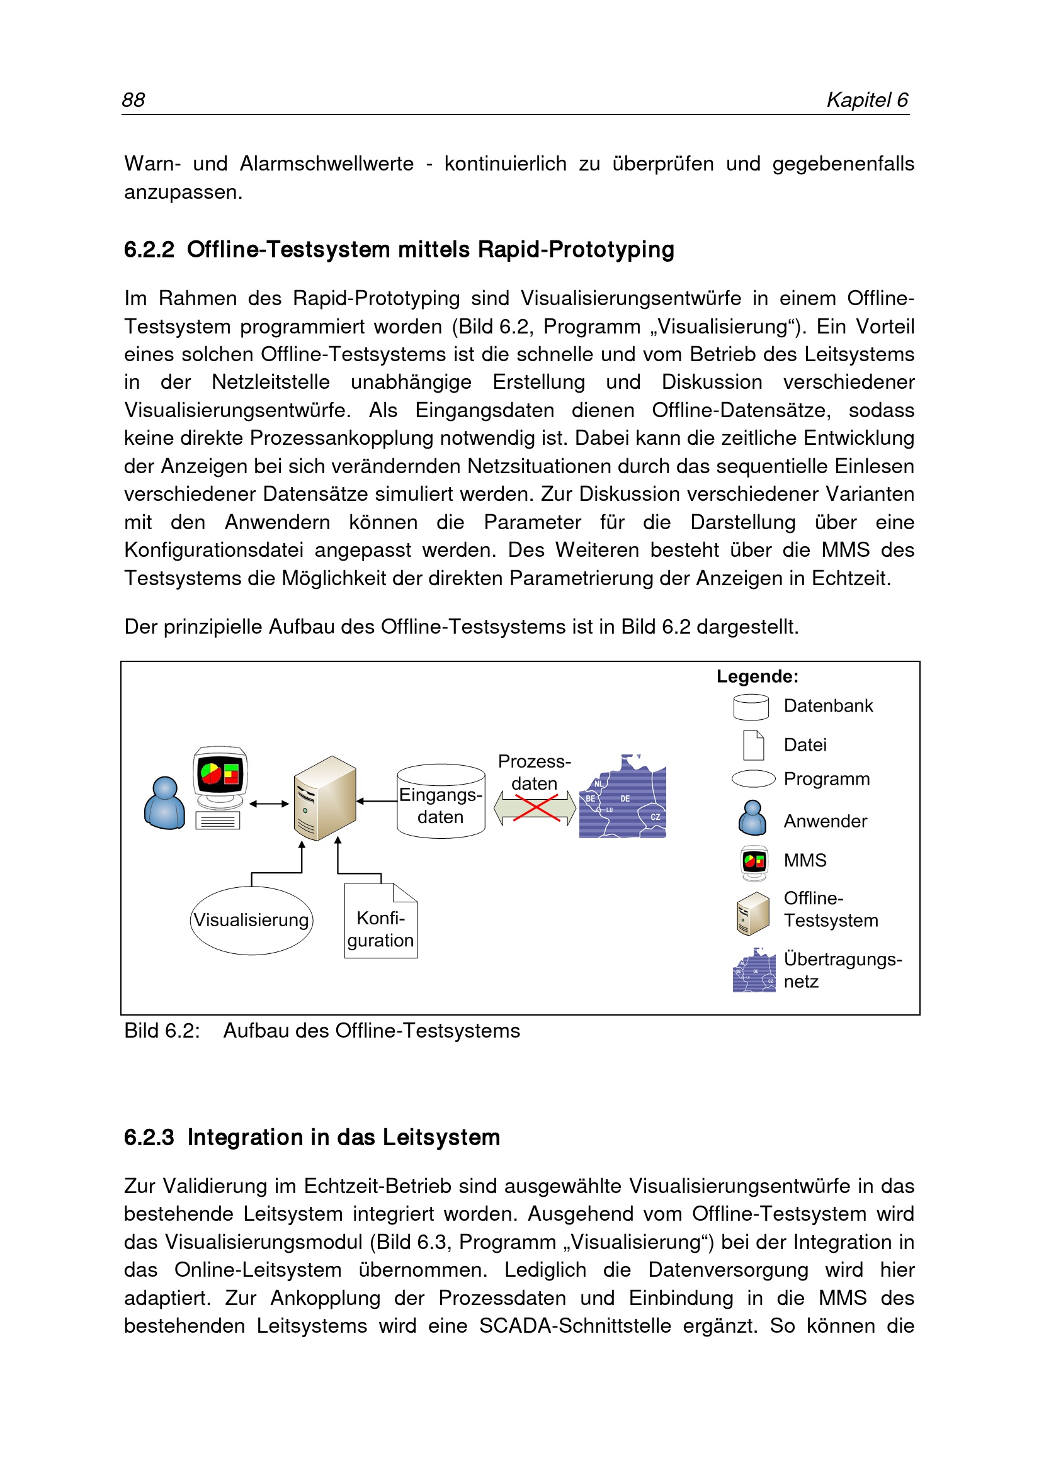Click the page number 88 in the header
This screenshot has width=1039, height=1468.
coord(133,100)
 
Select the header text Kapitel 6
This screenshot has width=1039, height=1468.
coord(867,100)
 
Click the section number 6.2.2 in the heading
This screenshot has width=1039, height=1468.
coord(149,249)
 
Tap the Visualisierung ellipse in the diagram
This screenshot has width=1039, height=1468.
coord(251,920)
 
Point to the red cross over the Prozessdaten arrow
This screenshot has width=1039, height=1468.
coord(535,808)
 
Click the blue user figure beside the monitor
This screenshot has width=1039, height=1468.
coord(164,804)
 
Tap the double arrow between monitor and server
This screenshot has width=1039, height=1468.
coord(269,804)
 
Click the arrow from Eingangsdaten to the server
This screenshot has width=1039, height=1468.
coord(377,801)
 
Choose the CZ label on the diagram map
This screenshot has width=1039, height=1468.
coord(655,817)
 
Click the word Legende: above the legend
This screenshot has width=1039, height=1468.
coord(757,676)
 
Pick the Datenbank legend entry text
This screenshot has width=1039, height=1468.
coord(828,706)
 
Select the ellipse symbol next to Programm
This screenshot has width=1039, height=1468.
coord(753,779)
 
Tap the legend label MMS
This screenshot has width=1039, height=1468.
coord(805,861)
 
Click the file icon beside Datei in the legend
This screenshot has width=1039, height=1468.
coord(753,745)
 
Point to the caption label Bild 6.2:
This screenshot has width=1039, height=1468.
coord(162,1031)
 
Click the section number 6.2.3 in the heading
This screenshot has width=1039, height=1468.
coord(149,1138)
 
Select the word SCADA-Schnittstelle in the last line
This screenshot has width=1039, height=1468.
coord(574,1325)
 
